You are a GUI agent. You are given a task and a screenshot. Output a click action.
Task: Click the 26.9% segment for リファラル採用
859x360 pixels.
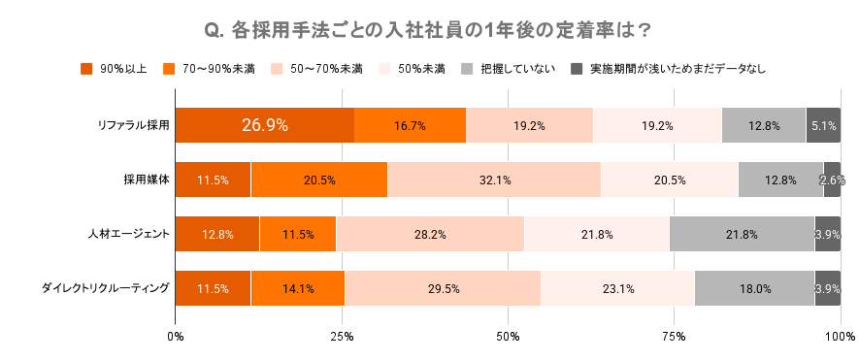coord(264,125)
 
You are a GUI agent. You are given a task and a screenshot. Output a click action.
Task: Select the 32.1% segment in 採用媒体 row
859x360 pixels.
coord(494,180)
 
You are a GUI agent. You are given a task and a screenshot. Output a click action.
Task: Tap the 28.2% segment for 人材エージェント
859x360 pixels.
coord(430,234)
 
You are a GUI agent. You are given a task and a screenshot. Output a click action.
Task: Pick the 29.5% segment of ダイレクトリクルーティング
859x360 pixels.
coord(443,288)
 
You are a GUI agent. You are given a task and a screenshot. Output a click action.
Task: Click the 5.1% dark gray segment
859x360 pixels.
coord(823,125)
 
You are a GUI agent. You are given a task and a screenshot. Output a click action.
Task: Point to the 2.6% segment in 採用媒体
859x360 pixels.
coord(832,180)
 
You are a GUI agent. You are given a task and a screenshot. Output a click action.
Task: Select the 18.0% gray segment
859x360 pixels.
coord(754,288)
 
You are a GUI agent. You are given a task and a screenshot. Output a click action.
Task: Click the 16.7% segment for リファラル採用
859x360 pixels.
coord(410,125)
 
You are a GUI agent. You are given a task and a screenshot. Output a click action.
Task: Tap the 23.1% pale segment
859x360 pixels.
coord(617,288)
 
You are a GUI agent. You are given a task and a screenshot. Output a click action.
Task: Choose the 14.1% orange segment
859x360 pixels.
coord(297,288)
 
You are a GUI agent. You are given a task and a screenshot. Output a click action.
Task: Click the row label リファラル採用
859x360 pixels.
coord(133,125)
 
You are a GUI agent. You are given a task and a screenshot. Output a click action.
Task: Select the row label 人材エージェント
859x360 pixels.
coord(128,234)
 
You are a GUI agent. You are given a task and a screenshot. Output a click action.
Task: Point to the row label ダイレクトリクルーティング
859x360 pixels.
coord(106,288)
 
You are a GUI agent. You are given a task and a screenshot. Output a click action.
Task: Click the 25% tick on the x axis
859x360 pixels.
coord(341,337)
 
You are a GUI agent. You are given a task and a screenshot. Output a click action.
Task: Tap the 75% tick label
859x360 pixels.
coord(674,337)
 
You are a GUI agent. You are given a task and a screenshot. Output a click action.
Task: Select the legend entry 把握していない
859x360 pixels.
coord(517,69)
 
